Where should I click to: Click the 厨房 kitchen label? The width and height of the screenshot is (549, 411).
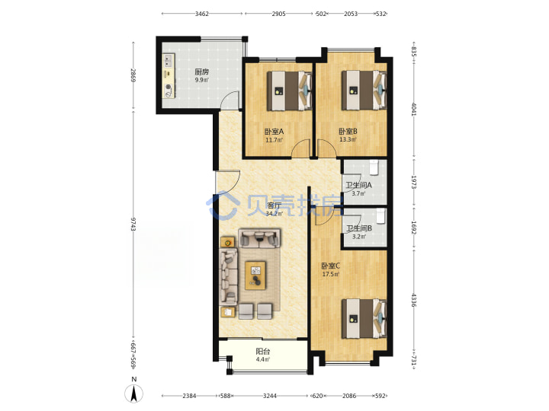click(x=201, y=72)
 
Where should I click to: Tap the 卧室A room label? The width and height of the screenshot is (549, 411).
click(x=274, y=132)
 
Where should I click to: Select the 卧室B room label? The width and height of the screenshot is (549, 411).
click(x=348, y=132)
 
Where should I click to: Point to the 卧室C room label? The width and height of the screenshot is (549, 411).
click(x=330, y=266)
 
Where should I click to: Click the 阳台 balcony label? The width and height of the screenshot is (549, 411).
click(x=262, y=352)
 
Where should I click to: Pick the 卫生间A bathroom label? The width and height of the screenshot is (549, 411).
click(x=358, y=185)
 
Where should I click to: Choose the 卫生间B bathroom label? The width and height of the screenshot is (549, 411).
click(x=359, y=228)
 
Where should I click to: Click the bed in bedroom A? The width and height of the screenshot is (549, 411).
click(x=290, y=91)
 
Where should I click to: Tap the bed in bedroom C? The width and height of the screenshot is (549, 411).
click(x=364, y=318)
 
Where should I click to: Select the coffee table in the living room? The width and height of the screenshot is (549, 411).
click(x=255, y=276)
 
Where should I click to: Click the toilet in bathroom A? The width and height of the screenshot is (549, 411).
click(x=374, y=167)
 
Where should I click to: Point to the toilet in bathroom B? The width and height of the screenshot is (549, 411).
click(x=380, y=215)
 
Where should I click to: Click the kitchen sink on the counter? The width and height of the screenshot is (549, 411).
click(x=169, y=60)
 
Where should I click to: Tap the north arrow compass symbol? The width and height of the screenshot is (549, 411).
click(x=133, y=393)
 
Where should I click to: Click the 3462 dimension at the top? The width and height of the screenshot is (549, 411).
click(x=201, y=14)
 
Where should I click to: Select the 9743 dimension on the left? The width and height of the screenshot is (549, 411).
click(x=133, y=224)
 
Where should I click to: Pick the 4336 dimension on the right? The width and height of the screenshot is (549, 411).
click(x=414, y=301)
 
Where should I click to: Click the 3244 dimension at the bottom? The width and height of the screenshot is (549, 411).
click(x=270, y=396)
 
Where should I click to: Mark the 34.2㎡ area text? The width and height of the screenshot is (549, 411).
click(x=274, y=214)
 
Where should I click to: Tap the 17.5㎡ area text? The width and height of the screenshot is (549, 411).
click(x=330, y=274)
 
